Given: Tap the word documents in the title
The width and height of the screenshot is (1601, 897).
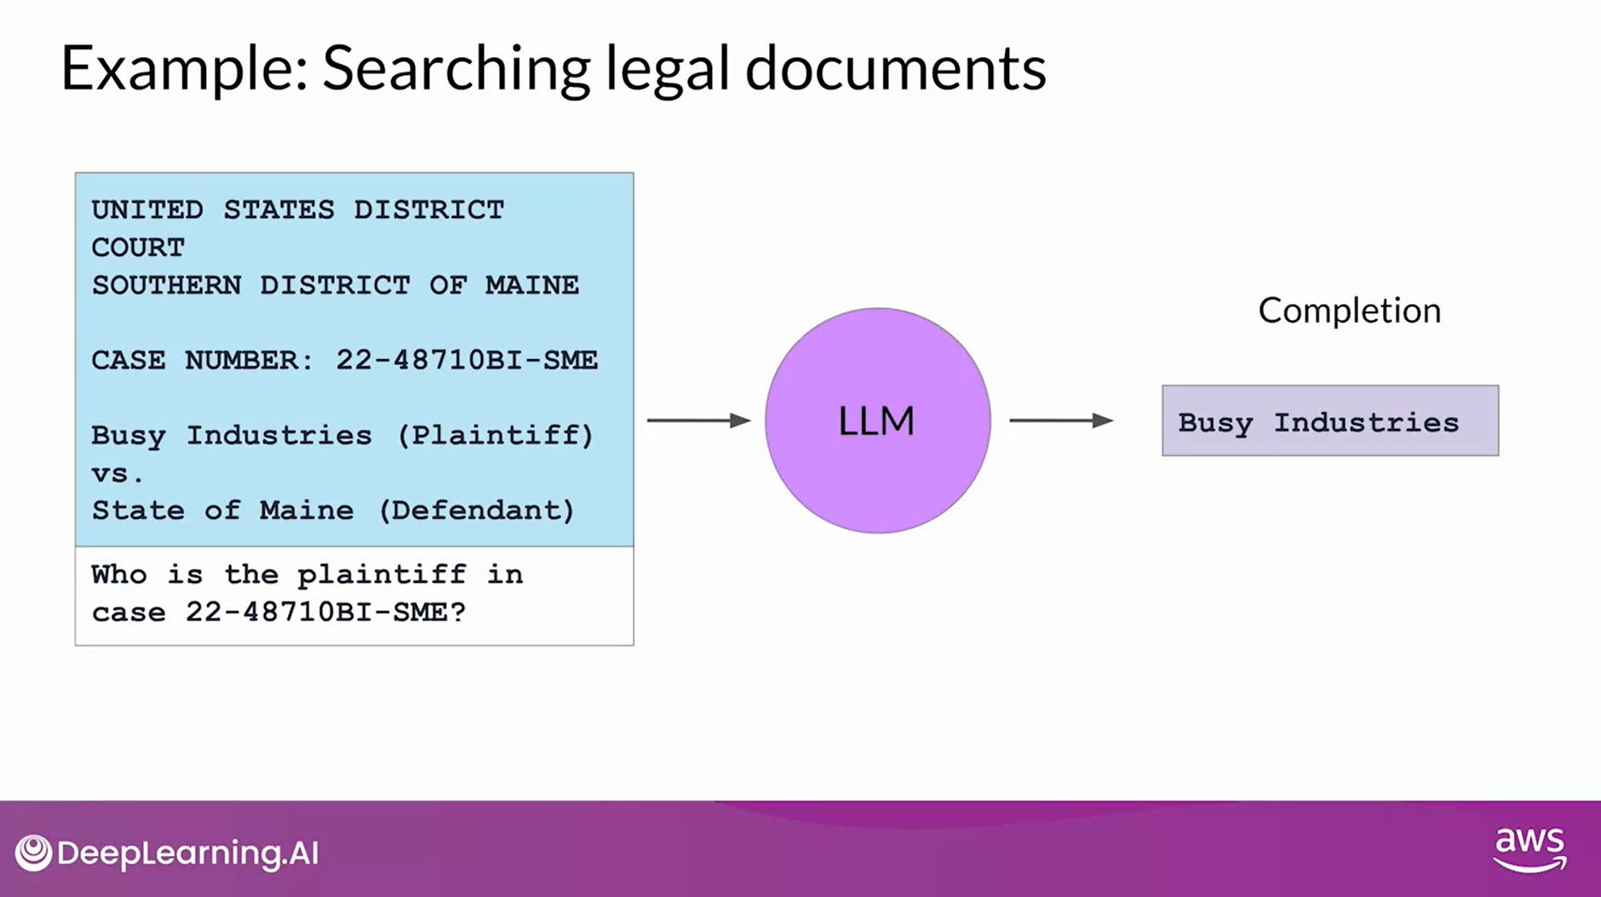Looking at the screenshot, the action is point(895,68).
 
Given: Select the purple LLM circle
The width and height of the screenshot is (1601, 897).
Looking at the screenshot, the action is point(877,420).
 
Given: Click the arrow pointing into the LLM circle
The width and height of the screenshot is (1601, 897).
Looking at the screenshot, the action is point(698,420).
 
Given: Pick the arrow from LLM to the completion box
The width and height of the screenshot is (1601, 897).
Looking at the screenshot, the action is point(1061,420).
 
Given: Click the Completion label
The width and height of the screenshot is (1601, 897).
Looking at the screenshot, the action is point(1349,311).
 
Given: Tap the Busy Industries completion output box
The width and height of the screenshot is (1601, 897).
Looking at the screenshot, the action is point(1329,421).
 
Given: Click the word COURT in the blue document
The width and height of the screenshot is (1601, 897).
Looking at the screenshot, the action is point(138,248).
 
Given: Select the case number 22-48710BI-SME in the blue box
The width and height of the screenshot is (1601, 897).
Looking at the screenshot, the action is point(467,360).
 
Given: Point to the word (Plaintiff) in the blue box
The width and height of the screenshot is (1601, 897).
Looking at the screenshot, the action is point(495,436).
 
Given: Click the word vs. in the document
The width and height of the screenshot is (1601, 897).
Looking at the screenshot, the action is point(118,474).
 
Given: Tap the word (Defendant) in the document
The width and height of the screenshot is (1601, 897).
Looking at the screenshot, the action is point(476,511).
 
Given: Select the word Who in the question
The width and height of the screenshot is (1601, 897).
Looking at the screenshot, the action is point(119,574).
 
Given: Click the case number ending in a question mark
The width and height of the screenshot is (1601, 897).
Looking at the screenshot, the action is point(325,612).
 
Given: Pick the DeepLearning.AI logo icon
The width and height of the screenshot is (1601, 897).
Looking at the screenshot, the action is point(33,853).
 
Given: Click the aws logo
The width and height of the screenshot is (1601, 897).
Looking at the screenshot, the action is point(1529,848).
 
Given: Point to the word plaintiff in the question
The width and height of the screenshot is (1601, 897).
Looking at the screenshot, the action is point(382,574).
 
